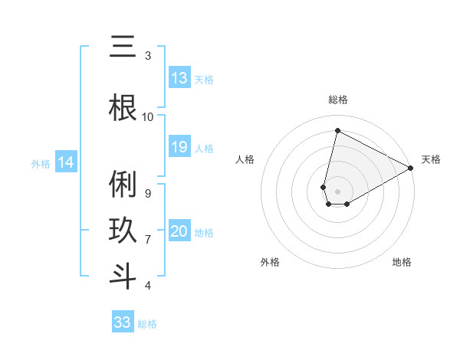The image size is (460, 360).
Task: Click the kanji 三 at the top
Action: (123, 48)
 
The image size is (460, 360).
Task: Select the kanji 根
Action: (123, 108)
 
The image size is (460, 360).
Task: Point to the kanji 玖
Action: (123, 230)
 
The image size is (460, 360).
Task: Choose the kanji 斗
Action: (123, 276)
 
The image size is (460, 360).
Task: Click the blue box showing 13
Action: (179, 78)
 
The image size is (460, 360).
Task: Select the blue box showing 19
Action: (179, 147)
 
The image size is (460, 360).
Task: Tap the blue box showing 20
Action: (179, 232)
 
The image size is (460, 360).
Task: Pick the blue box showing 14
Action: (66, 162)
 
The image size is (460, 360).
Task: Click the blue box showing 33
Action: (123, 322)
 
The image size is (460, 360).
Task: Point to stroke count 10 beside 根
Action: (148, 116)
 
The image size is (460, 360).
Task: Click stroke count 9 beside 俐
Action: (148, 194)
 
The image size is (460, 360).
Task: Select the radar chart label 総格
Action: (337, 100)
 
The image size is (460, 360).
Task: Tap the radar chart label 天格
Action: (431, 159)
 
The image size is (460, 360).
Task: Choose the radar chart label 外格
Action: (270, 262)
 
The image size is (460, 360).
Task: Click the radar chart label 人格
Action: (245, 159)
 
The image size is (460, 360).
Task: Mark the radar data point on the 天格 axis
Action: (412, 168)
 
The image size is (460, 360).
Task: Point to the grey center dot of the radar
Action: (337, 191)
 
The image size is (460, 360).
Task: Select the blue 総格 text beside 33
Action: (147, 324)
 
